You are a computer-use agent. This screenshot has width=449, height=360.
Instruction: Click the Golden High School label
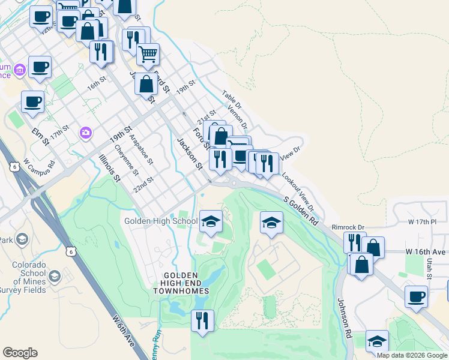[x=161, y=221]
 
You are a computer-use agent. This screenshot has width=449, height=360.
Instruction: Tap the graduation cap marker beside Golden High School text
[x=211, y=223]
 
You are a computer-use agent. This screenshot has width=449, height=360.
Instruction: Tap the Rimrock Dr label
[x=352, y=227]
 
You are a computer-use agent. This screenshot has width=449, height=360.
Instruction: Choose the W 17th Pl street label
[x=421, y=222]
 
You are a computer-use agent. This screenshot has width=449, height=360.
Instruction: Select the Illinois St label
[x=109, y=169]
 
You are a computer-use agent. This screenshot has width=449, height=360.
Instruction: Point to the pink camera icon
[x=86, y=131]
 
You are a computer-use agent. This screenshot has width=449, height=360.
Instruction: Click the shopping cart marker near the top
[x=148, y=55]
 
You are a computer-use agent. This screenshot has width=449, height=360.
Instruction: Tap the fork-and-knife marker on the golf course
[x=202, y=320]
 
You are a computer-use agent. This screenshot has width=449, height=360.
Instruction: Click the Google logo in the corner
[x=20, y=353]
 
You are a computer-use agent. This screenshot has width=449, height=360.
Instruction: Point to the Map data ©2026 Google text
[x=412, y=355]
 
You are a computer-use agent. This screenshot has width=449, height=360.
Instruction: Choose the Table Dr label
[x=231, y=100]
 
